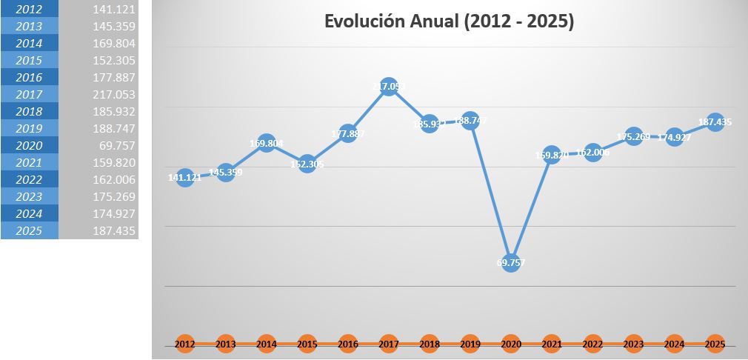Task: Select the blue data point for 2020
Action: (510, 262)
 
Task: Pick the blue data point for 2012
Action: (186, 178)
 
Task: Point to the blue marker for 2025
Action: (715, 122)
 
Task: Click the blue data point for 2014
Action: (267, 144)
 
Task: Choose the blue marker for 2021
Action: (552, 156)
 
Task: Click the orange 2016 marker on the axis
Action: (348, 344)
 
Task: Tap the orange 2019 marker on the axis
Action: (470, 344)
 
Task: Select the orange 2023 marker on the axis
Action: (633, 344)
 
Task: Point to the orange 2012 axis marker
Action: (186, 344)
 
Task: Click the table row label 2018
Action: (29, 112)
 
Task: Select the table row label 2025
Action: (29, 231)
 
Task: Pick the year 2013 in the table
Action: (29, 27)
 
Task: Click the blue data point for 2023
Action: (633, 136)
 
